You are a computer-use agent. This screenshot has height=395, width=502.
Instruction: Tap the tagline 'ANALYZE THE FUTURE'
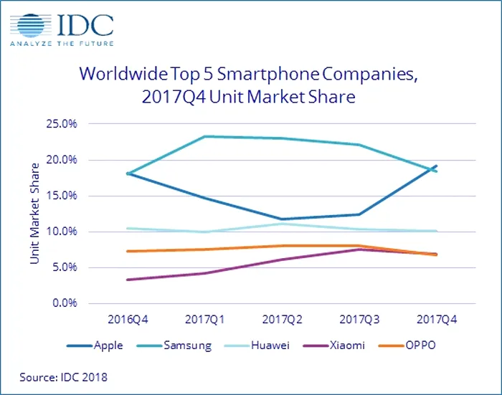(x=62, y=49)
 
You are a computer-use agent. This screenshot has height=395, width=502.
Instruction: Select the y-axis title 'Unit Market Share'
(x=34, y=214)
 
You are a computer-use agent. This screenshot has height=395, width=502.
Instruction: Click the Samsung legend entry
(x=178, y=346)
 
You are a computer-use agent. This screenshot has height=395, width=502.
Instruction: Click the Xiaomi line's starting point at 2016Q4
(x=128, y=280)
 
